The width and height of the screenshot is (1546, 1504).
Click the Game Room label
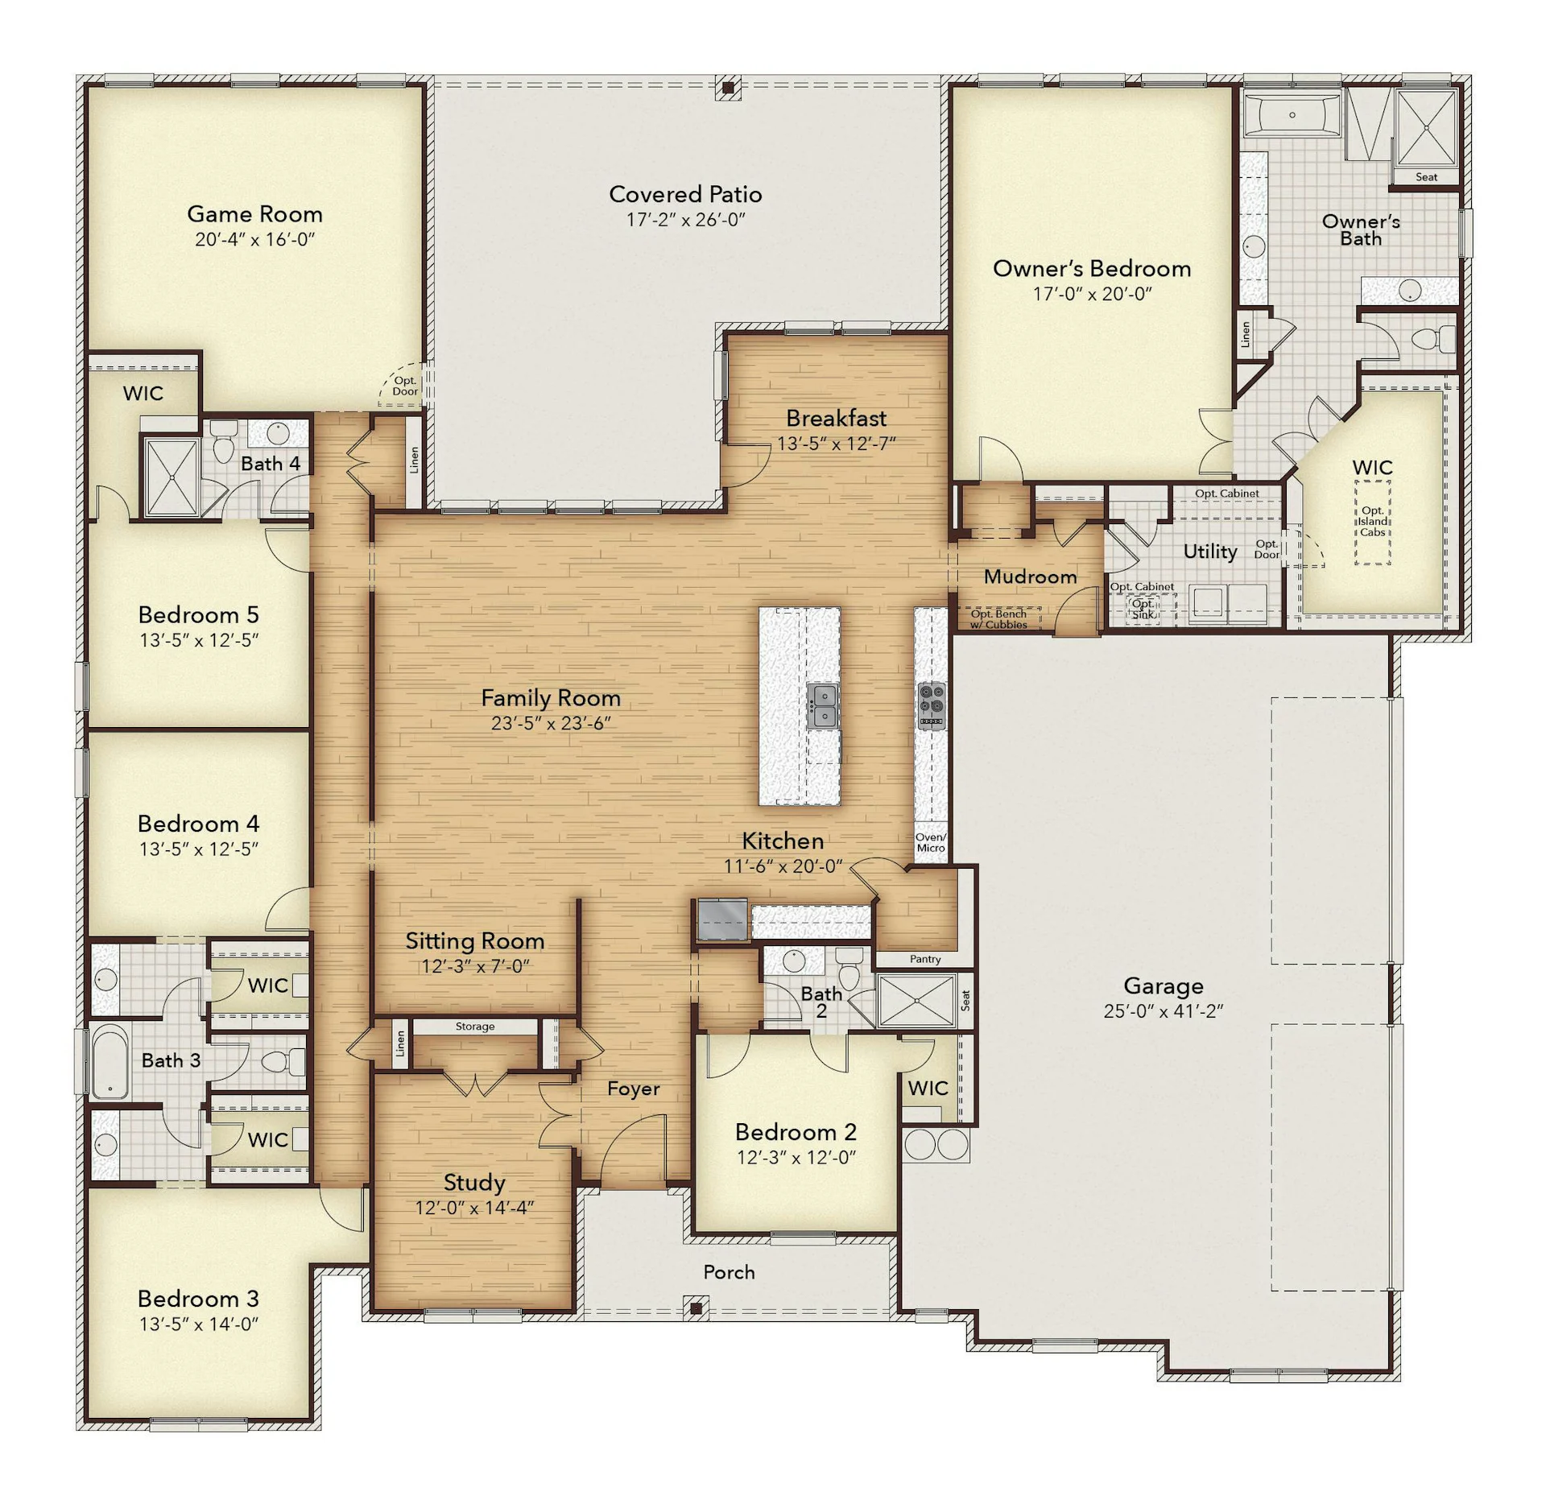point(254,213)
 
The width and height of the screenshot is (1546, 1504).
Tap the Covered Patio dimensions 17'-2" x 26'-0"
point(685,220)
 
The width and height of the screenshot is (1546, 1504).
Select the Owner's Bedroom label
point(1092,268)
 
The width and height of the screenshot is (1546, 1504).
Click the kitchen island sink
point(823,706)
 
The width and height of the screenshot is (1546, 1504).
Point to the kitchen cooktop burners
point(932,706)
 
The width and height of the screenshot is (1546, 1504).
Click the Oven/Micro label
point(931,842)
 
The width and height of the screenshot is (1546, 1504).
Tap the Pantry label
point(925,959)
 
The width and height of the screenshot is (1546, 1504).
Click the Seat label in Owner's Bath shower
point(1426,177)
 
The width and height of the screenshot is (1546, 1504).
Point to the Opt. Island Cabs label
point(1372,521)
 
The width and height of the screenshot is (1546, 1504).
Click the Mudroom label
point(1030,576)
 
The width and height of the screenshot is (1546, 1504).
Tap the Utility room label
point(1209,552)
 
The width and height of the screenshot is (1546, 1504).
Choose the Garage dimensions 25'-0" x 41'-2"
point(1163,1011)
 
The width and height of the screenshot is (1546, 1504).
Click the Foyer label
point(633,1089)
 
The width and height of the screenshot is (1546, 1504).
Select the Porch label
point(729,1272)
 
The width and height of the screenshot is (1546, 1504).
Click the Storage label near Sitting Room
point(475,1027)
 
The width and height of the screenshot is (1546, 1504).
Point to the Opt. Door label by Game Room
point(405,386)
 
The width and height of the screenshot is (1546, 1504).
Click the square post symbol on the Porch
point(696,1308)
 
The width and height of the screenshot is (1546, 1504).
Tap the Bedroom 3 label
point(198,1299)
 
